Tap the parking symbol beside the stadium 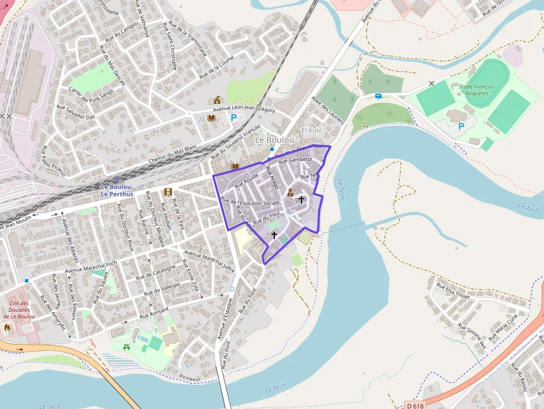point(461,127)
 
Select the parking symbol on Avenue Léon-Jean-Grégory point(234,118)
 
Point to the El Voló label point(311,130)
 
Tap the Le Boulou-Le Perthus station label point(117,190)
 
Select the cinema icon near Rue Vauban point(168,192)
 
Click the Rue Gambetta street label point(296,160)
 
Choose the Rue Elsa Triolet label point(452,291)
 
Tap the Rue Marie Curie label point(503,327)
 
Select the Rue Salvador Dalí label point(76,112)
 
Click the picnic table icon point(127,347)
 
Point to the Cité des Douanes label point(19,310)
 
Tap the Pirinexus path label point(190,377)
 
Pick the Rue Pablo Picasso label point(54,161)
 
